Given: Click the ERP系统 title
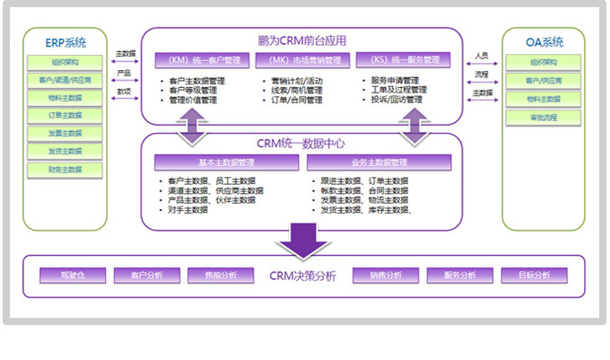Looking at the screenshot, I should [x=65, y=42].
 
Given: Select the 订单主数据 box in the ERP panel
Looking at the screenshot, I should [x=65, y=116].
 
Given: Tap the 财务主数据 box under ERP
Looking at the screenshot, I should [x=65, y=169].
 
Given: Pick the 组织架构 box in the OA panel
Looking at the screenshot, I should [x=543, y=63].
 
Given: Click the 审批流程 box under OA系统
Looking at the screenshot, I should [x=543, y=118].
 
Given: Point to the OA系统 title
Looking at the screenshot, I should [x=545, y=42].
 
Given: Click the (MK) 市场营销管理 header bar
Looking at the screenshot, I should [x=304, y=61].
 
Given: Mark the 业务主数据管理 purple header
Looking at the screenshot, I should [x=362, y=162].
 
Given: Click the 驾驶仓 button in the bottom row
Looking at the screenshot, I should [x=74, y=275].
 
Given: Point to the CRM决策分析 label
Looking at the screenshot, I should [x=302, y=276].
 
